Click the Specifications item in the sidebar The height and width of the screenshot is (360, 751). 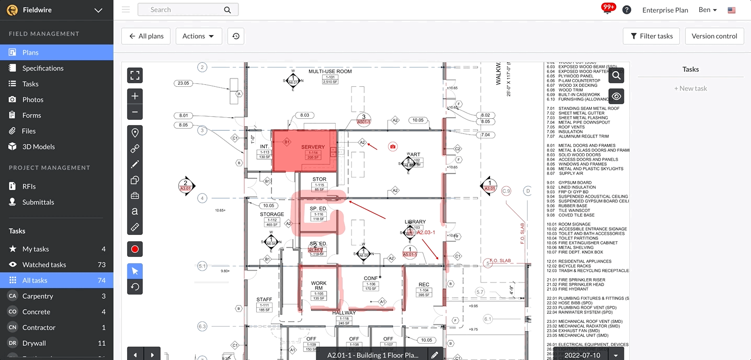[43, 68]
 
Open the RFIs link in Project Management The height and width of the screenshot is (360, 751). [29, 186]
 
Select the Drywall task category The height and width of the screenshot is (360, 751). [34, 343]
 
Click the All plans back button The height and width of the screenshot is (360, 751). [146, 36]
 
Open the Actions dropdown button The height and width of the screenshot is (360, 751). [198, 36]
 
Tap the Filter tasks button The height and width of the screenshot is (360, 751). [651, 36]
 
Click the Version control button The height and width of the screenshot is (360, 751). [714, 36]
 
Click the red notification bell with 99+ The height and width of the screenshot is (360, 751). [608, 9]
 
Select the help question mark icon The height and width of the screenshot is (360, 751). [627, 10]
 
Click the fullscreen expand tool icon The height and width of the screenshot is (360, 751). [135, 75]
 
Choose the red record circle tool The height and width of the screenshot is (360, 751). [135, 249]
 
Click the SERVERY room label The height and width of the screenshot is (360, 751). [313, 147]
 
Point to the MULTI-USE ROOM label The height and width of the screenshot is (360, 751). [330, 71]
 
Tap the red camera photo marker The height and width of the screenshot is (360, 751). [393, 147]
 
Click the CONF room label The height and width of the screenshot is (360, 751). [371, 278]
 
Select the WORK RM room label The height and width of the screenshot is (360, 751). [318, 286]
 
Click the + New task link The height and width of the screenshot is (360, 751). [690, 88]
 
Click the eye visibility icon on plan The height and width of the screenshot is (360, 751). [616, 96]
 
